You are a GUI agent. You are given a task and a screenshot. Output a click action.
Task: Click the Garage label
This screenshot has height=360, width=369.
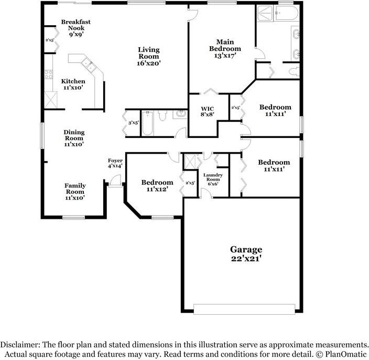[x=246, y=253]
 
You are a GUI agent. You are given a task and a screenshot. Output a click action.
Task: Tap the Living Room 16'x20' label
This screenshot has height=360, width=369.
[x=149, y=56]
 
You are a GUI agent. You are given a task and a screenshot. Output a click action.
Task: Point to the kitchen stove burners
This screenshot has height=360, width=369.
[x=48, y=75]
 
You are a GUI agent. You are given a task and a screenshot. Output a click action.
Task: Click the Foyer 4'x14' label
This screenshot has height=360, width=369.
[x=115, y=163]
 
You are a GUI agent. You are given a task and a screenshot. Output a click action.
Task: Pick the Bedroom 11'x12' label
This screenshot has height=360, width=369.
[x=157, y=186]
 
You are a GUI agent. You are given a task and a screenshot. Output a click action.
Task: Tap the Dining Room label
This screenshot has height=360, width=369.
[x=74, y=138]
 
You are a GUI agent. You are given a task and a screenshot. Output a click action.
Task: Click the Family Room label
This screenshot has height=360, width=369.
[x=75, y=191]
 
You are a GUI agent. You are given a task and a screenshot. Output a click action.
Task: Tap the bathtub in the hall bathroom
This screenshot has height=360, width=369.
[x=147, y=123]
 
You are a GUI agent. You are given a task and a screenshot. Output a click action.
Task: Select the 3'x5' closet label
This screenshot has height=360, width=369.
[x=133, y=123]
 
